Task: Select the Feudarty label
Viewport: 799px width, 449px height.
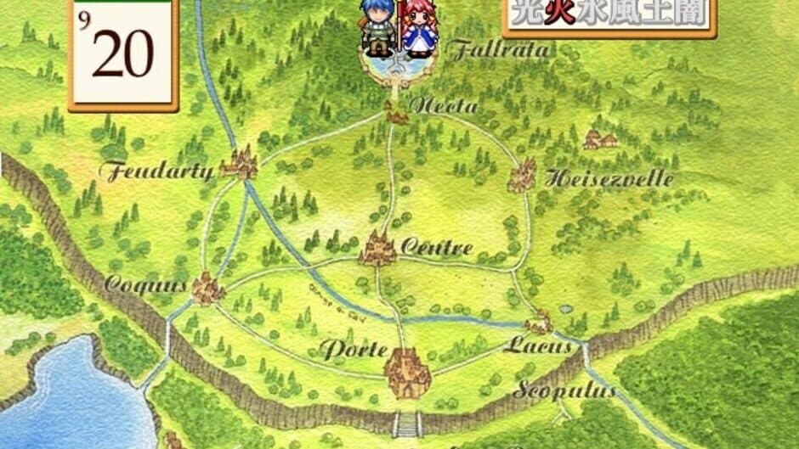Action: click(156, 172)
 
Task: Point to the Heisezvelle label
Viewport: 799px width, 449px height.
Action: click(609, 179)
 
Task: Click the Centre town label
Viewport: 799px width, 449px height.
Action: click(435, 249)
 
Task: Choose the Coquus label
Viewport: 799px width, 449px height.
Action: click(145, 285)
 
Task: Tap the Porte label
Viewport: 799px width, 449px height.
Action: click(354, 350)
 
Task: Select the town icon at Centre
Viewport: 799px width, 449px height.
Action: click(377, 248)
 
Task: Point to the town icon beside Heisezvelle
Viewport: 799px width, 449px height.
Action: click(522, 175)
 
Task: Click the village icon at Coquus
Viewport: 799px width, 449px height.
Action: click(207, 289)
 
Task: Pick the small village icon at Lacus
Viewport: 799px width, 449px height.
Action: click(539, 323)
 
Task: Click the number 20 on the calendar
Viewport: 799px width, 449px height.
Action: click(122, 56)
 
